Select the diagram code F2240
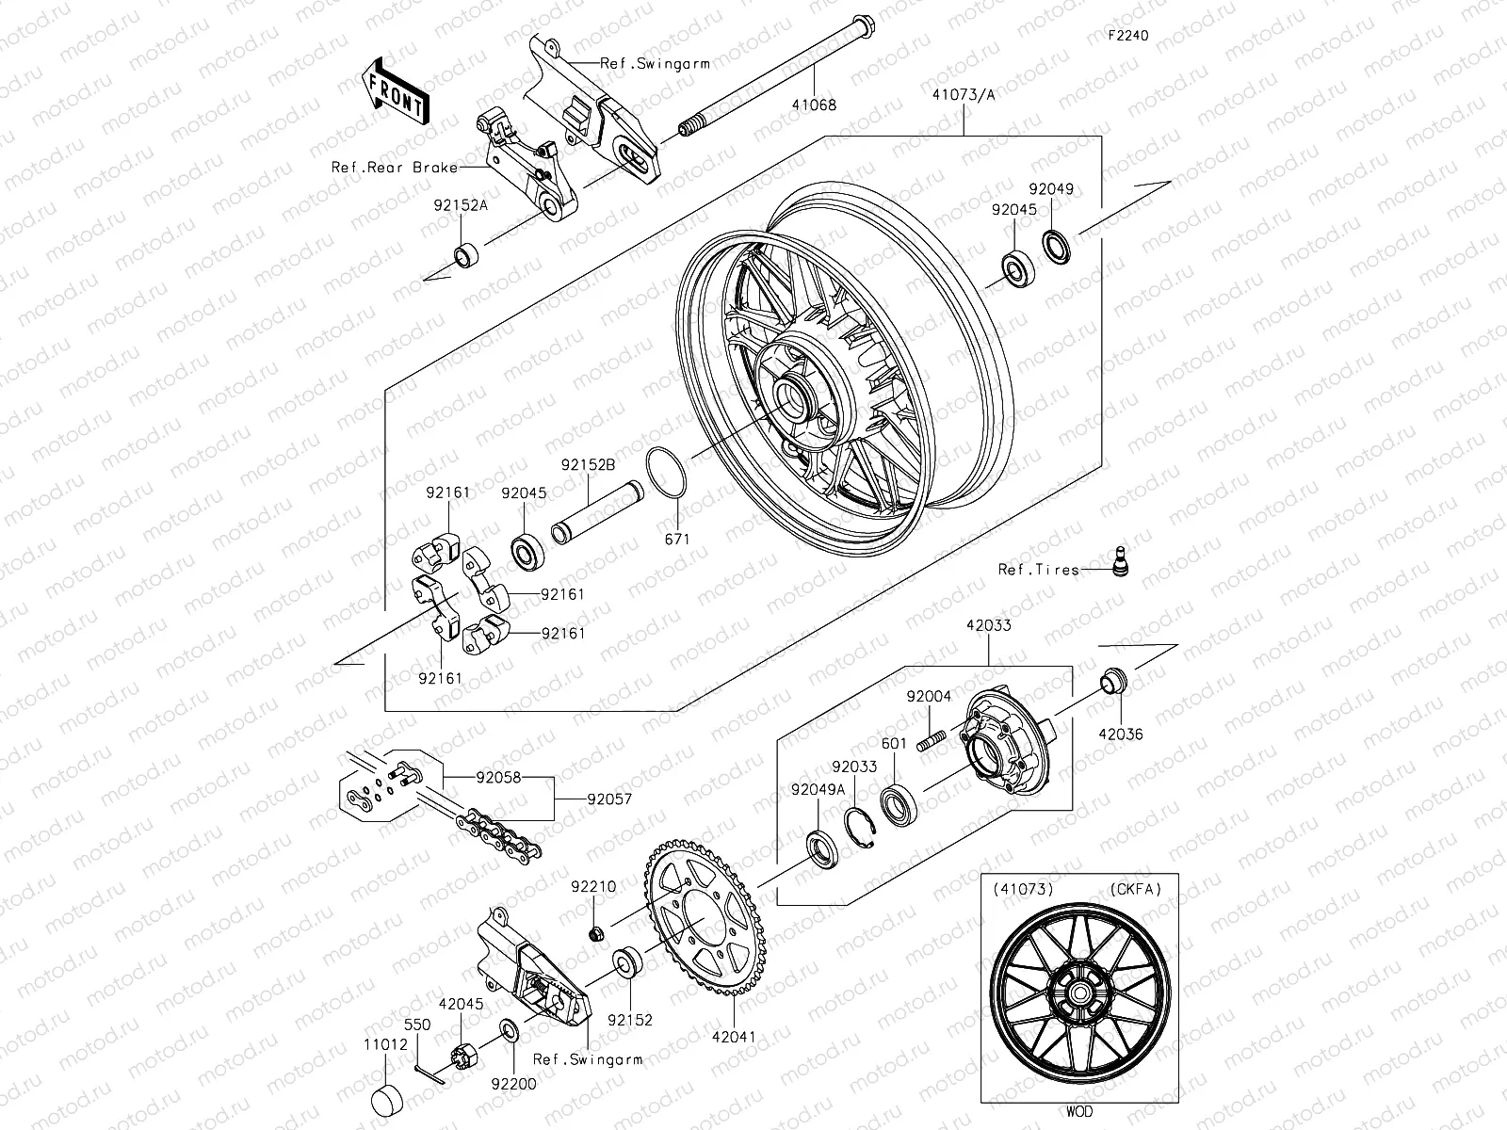click(1128, 36)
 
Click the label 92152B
click(588, 465)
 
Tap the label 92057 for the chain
click(609, 799)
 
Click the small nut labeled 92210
click(595, 933)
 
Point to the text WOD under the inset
click(1080, 1112)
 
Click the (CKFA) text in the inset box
click(1136, 888)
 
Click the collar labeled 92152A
click(466, 255)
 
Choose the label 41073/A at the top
click(964, 94)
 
